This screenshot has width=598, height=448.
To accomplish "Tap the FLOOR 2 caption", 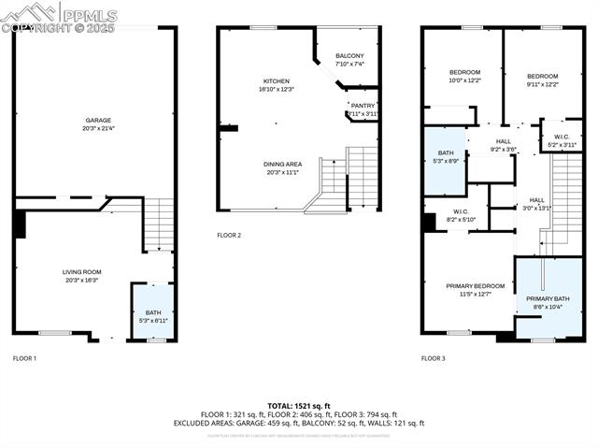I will (x=229, y=235).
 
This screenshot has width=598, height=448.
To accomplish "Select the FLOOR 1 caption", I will (x=24, y=358).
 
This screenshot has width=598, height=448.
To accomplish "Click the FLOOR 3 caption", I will (x=433, y=358).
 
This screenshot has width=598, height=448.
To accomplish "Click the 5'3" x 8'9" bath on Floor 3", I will (x=445, y=156).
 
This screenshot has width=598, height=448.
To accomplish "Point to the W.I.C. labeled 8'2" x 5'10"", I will (x=461, y=215).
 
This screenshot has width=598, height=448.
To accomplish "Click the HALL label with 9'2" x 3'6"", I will (x=503, y=145).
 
